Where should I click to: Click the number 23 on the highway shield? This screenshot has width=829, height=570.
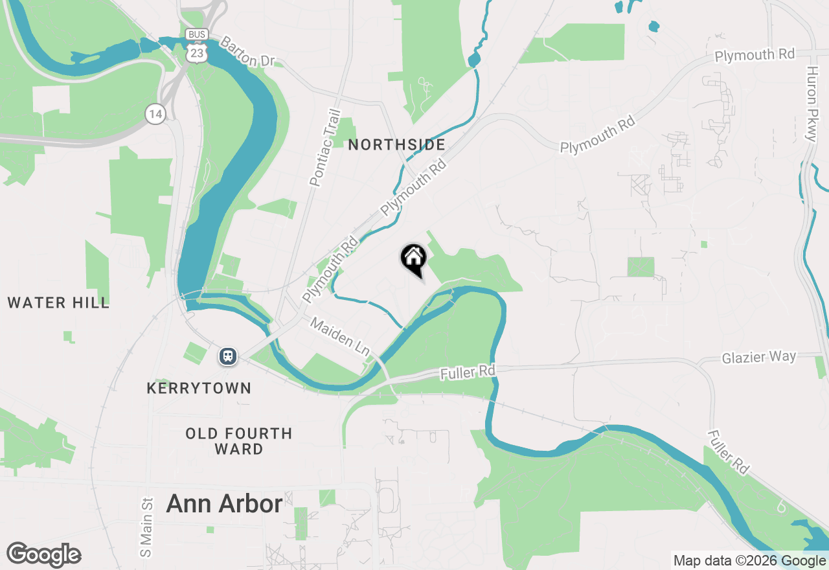[x=195, y=52]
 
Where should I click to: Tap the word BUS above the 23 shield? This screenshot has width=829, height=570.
[x=195, y=34]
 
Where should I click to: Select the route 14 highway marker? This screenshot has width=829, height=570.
[x=155, y=114]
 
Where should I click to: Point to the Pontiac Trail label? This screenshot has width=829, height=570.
[x=325, y=148]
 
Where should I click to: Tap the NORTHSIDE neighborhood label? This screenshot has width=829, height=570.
[x=396, y=144]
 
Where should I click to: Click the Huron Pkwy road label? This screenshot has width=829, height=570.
[x=812, y=104]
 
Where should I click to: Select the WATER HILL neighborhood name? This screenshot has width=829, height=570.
[x=58, y=302]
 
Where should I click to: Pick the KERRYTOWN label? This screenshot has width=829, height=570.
[x=199, y=388]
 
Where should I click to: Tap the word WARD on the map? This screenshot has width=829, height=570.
[x=239, y=449]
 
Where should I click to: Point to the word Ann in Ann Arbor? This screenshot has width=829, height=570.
[x=186, y=503]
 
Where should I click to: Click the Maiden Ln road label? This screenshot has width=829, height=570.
[x=339, y=335]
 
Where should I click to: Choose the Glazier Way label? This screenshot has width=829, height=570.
[x=759, y=357]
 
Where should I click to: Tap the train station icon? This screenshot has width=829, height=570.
[x=227, y=356]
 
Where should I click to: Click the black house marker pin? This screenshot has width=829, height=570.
[x=413, y=260]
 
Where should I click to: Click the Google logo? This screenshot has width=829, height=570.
[x=44, y=554]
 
